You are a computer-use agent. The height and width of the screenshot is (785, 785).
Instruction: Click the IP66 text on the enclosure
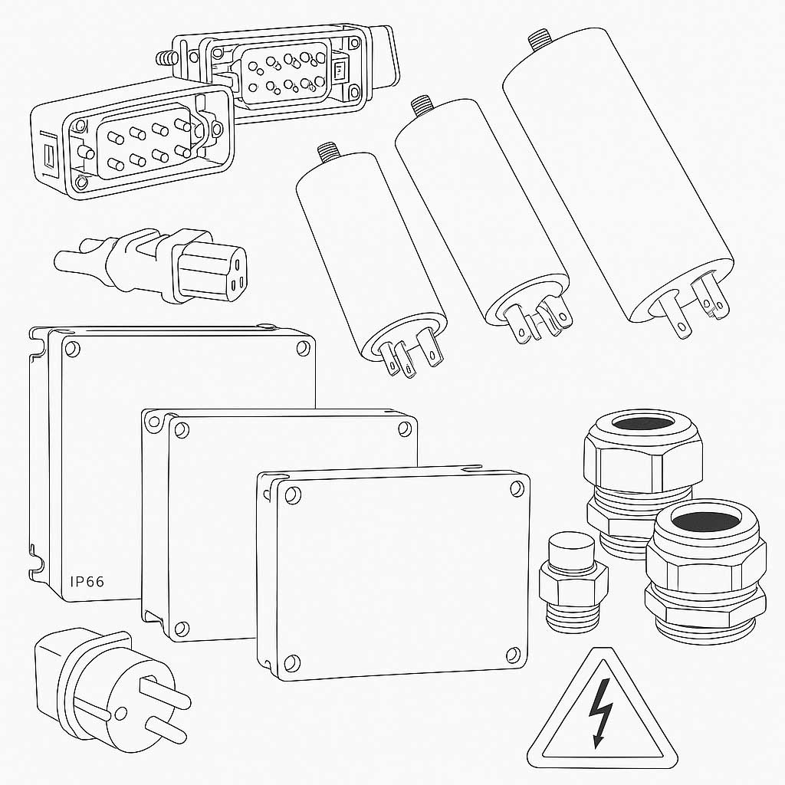click(87, 581)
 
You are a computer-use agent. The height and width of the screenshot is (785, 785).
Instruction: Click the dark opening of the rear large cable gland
click(643, 422)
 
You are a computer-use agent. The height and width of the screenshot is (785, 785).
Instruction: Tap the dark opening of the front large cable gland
click(708, 519)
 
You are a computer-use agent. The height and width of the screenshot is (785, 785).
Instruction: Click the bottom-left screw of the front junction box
click(292, 661)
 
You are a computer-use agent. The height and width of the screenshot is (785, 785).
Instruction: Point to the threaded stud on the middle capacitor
click(420, 106)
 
